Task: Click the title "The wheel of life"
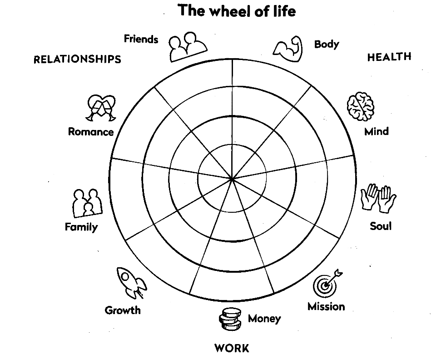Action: (236, 10)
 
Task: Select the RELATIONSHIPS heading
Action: (77, 60)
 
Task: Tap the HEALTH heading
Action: (389, 57)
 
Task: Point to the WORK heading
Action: (232, 349)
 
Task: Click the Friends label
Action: (141, 39)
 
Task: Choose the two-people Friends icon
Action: (187, 46)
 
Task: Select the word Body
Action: (327, 44)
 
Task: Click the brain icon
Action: (361, 107)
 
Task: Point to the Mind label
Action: (377, 132)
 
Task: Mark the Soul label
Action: (380, 226)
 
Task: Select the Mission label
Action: (326, 306)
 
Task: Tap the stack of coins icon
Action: (229, 319)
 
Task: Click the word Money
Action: (264, 319)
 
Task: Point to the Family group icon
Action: (87, 203)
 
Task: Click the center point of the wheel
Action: (232, 179)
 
